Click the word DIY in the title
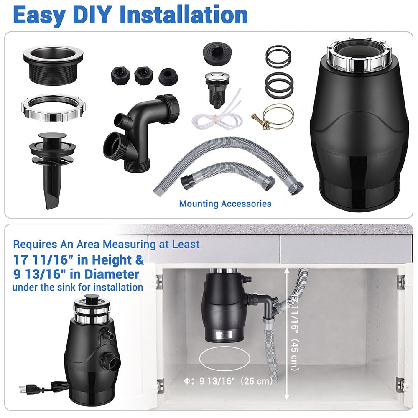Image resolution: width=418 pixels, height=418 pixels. point(92,15)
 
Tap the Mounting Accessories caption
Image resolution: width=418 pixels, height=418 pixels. point(225,204)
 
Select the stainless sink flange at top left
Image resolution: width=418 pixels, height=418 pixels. point(54,63)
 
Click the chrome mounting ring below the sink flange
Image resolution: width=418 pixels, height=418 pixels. point(54,109)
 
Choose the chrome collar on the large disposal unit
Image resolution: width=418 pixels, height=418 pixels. point(359,56)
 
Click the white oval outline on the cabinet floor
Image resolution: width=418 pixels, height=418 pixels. point(224,359)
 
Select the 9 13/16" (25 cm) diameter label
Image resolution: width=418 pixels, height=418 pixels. point(228,381)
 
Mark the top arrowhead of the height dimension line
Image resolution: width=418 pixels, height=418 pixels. point(287,270)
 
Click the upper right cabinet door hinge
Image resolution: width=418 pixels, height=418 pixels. point(400,282)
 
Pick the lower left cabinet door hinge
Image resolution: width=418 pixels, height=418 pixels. point(160,386)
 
